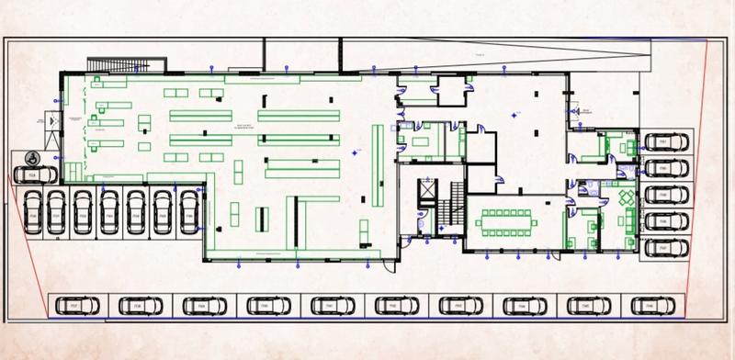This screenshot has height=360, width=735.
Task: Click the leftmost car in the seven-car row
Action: click(31, 212)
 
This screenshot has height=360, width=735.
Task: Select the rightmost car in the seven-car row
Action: click(189, 212)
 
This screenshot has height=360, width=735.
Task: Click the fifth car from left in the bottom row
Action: click(327, 303)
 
